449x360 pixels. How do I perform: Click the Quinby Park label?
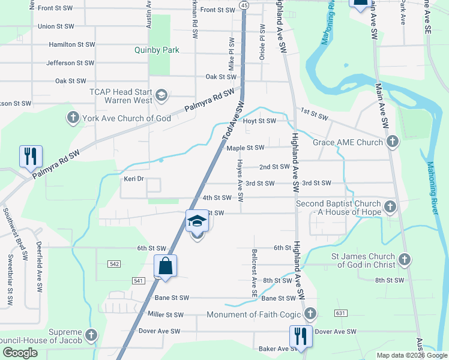pos(157,50)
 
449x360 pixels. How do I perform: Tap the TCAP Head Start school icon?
pos(161,95)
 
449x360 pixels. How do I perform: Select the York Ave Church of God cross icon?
pos(73,118)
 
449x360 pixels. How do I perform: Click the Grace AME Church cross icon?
pos(393,142)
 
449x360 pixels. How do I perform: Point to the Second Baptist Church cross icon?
pos(390,208)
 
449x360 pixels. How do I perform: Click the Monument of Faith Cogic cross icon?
pos(310,314)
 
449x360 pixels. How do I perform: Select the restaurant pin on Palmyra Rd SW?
pos(29,157)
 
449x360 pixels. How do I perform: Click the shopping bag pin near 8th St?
pos(165,266)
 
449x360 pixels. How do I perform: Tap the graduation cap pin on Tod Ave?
pos(197,221)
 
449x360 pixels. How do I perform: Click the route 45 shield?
pos(243,5)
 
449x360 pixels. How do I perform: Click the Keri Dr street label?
pos(133,179)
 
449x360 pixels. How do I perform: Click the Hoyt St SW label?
pos(259,121)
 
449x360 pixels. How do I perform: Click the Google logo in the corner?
pos(20,353)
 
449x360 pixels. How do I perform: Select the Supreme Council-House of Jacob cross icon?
pos(91,334)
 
